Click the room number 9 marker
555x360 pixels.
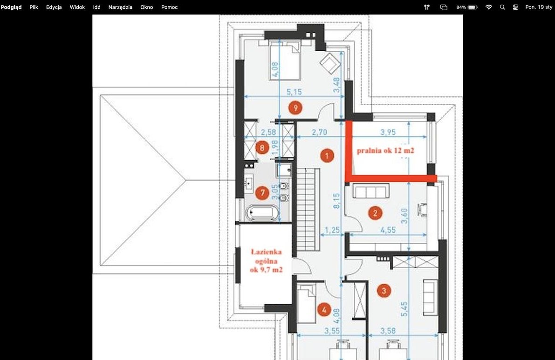pos(295,108)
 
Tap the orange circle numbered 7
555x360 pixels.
pos(262,193)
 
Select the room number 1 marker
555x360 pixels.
pos(327,155)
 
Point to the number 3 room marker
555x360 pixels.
pos(384,291)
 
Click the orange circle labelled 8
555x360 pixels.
pos(262,148)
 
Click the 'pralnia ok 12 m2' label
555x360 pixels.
pos(385,150)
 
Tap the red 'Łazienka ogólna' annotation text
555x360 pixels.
pos(266,257)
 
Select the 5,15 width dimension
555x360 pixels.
pos(294,92)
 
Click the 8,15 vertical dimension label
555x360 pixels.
pos(336,201)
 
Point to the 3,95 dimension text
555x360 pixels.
pos(388,132)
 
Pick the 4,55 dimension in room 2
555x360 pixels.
pos(388,230)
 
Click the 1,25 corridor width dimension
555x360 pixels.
pos(332,230)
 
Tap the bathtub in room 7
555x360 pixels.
pos(262,213)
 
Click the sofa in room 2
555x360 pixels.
pos(371,191)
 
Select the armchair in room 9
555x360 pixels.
pos(330,63)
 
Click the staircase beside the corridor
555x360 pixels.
pos(308,210)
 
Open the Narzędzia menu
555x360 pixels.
pos(120,7)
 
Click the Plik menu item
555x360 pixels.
pos(34,7)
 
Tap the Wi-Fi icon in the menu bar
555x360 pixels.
pos(488,7)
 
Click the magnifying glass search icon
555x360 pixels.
pos(502,7)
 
